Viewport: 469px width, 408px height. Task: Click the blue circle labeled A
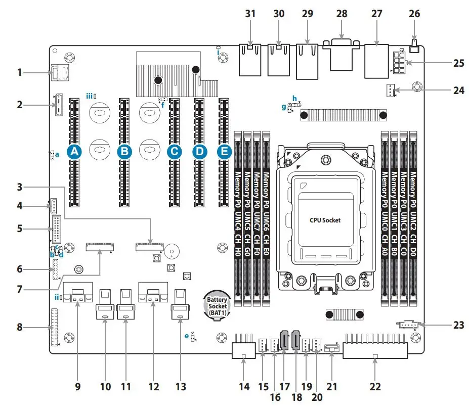pos(74,151)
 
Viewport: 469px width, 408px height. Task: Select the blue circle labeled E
pos(224,151)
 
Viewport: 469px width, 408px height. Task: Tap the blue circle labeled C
pos(174,151)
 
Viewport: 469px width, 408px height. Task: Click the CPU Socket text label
pos(325,220)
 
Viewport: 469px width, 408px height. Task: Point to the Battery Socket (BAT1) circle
pos(217,305)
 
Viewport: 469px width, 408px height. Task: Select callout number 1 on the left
pos(20,72)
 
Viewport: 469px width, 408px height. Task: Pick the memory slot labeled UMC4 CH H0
pos(237,217)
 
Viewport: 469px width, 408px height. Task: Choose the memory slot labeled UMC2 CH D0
pos(413,217)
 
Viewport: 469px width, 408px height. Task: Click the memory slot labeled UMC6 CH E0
pos(266,217)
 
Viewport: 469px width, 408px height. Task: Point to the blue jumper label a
pos(57,155)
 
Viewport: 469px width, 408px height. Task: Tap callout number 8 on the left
pos(20,327)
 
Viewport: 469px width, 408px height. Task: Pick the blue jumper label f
pos(163,106)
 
